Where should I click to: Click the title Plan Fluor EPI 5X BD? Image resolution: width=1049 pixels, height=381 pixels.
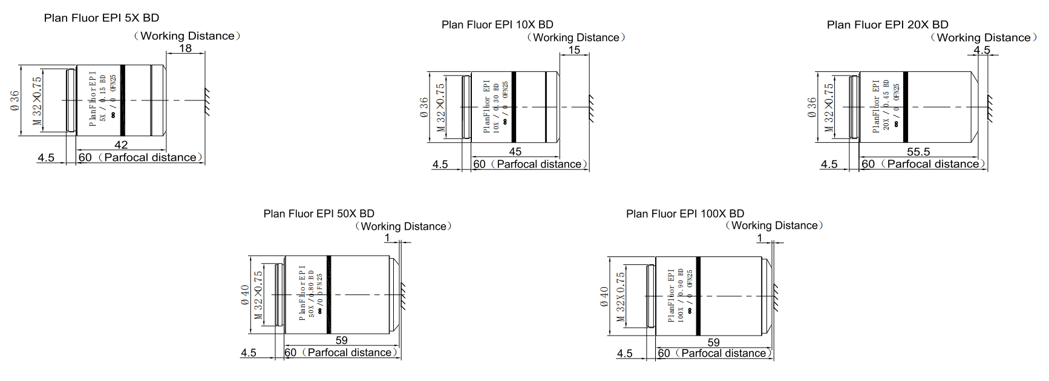[x=101, y=18]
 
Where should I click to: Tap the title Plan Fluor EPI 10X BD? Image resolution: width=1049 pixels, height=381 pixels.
[x=497, y=25]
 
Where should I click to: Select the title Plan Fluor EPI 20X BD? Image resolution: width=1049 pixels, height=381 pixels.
[x=887, y=25]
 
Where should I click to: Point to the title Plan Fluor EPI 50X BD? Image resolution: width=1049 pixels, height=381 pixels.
[x=319, y=213]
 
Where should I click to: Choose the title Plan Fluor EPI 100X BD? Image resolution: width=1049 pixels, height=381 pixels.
[x=685, y=213]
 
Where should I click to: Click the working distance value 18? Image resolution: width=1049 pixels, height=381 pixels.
[x=186, y=48]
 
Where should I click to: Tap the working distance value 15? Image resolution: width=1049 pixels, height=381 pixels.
[x=574, y=50]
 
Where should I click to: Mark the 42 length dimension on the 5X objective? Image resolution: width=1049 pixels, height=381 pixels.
[x=121, y=145]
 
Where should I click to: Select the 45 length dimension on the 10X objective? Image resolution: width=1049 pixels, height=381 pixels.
[x=515, y=151]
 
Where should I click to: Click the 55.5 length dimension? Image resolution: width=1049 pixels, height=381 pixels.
[x=918, y=151]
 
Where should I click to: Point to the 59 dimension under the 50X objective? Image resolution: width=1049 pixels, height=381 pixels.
[x=341, y=340]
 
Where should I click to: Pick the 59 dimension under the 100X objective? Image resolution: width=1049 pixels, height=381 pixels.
[x=713, y=342]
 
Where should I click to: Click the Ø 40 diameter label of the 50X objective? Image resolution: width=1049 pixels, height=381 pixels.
[x=245, y=295]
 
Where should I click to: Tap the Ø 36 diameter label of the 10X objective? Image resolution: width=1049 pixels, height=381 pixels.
[x=423, y=107]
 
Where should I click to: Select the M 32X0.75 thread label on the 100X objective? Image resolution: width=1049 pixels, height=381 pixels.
[x=620, y=296]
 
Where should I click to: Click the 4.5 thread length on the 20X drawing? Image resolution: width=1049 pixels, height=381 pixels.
[x=829, y=164]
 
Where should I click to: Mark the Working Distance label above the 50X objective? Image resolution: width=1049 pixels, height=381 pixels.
[x=404, y=226]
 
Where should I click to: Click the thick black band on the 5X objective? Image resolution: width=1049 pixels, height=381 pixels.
[x=122, y=100]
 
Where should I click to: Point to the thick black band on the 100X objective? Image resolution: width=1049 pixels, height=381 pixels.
[x=698, y=296]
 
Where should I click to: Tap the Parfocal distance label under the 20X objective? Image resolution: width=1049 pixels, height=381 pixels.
[x=932, y=164]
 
